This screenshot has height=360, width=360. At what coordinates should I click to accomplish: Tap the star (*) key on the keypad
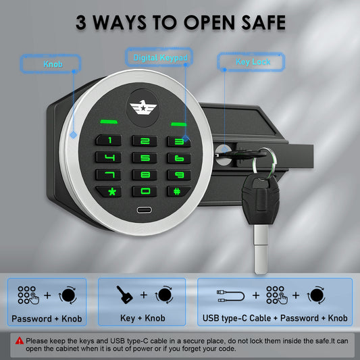point(109,191)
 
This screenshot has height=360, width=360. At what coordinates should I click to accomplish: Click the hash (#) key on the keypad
point(178,191)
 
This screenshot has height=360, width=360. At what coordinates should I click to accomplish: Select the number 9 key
point(179,175)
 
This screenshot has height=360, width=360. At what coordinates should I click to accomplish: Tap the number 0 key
point(145,191)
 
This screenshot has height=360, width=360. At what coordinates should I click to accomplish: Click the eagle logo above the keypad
point(143,107)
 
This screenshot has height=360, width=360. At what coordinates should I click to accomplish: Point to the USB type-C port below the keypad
point(144,210)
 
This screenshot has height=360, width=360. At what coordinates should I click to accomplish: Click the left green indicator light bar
point(109,122)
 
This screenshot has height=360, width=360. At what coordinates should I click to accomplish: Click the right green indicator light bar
point(178,124)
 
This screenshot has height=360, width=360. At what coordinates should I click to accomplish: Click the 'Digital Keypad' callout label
point(159,57)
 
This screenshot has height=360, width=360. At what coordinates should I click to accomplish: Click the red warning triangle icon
point(20,340)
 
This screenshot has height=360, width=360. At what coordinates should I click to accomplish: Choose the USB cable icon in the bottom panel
point(230,296)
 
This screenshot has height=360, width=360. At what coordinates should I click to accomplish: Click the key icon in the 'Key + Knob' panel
point(124,294)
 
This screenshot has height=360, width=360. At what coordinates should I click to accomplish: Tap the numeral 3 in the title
point(81,22)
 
